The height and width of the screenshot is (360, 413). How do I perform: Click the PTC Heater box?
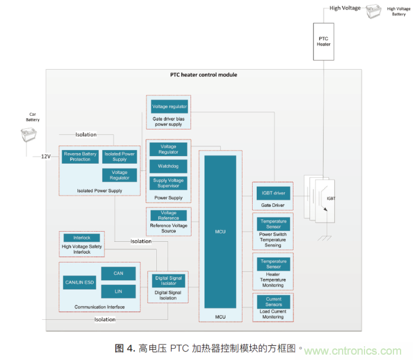coord(324,41)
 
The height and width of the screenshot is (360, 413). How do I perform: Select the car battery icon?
coord(28,138)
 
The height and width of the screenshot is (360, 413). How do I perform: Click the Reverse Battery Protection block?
coord(80,157)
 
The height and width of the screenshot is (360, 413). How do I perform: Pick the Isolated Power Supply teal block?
coord(120,157)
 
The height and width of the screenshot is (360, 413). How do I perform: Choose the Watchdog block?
coord(168,166)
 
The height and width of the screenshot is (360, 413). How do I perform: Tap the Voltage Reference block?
coord(168,215)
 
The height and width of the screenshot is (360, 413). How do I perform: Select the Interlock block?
coord(82,238)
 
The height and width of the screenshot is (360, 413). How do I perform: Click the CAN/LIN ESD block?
coord(79,283)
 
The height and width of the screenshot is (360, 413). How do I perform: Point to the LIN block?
coord(119,291)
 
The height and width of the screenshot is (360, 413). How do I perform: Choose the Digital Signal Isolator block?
coord(168,280)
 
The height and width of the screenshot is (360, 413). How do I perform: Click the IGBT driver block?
coord(272,193)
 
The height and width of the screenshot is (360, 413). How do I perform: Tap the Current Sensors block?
coord(273,302)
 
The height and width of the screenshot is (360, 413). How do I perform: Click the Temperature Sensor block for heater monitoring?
coord(273,264)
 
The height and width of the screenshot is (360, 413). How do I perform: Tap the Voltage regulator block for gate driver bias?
coord(169,106)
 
